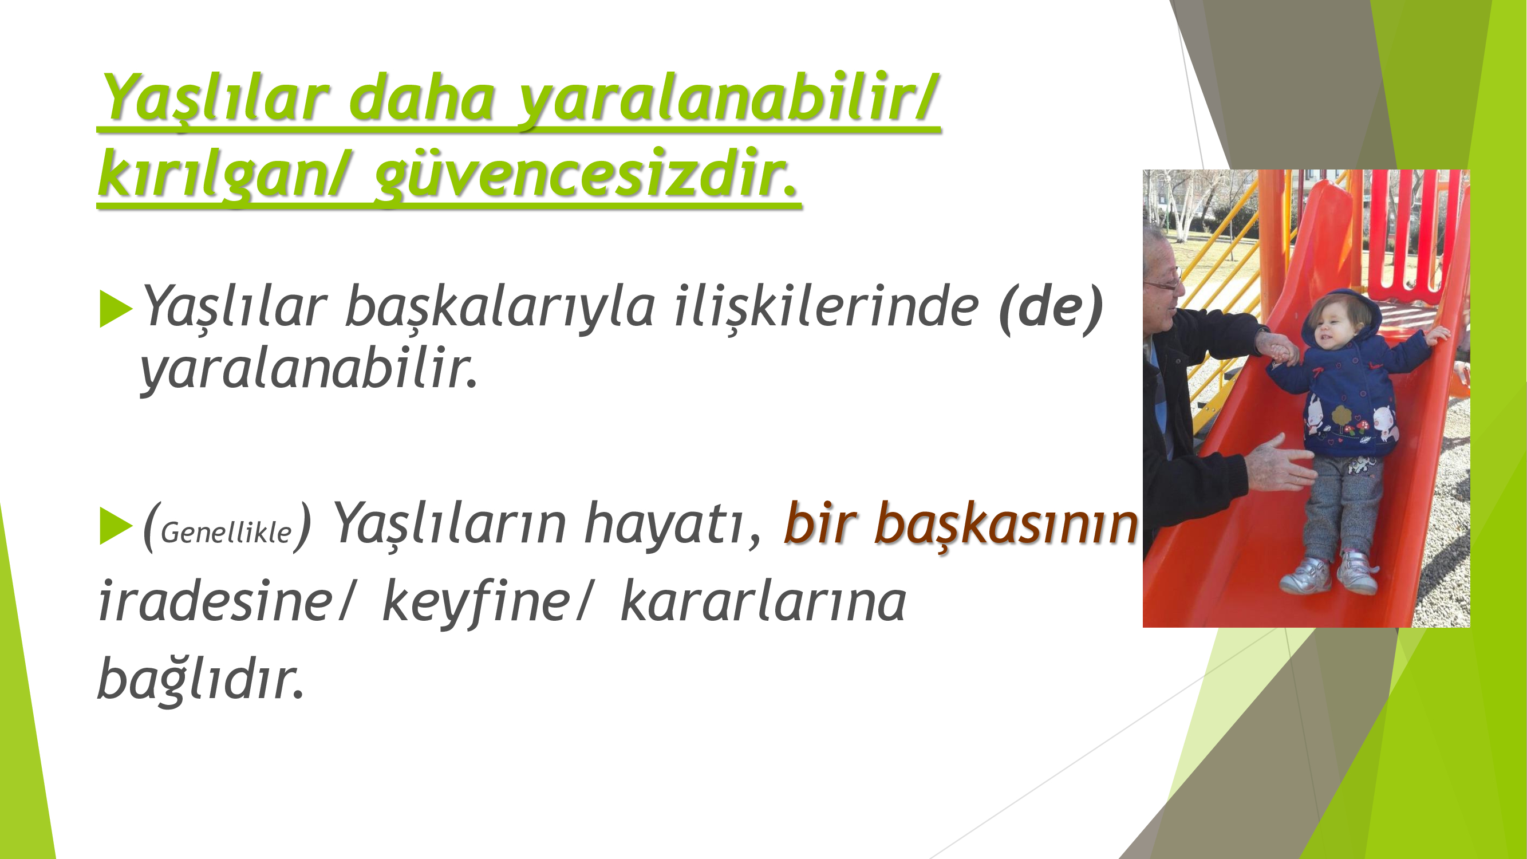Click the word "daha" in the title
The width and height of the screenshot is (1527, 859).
[422, 98]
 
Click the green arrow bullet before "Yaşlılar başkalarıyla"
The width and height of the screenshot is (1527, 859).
[116, 309]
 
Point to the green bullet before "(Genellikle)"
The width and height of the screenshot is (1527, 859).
[116, 526]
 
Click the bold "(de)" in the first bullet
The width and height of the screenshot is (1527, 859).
[1051, 308]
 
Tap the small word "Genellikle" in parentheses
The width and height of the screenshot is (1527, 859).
[226, 533]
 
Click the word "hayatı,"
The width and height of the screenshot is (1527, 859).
[672, 524]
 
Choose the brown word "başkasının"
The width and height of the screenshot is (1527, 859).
[1007, 524]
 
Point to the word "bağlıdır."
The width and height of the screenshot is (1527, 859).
[201, 678]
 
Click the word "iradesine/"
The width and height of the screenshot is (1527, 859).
[225, 601]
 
